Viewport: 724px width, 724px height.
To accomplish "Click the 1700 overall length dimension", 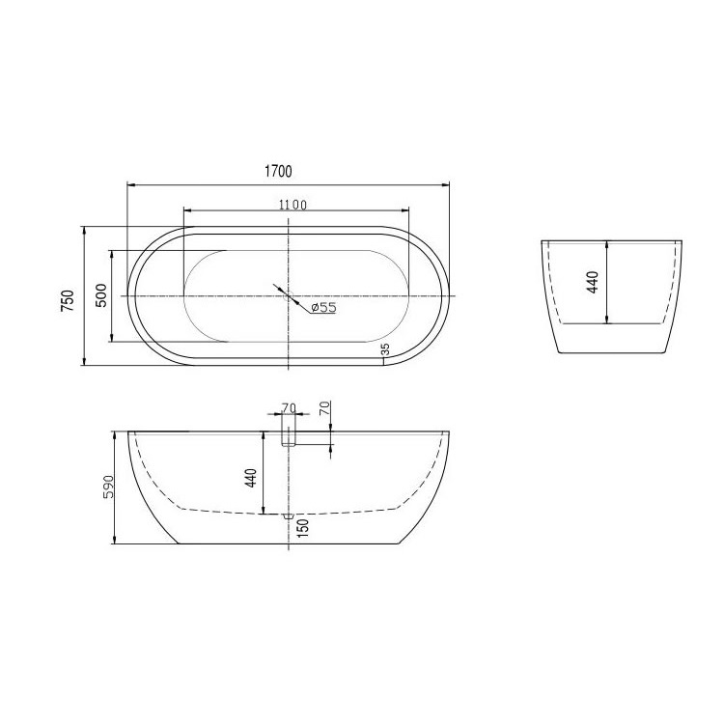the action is point(278,171).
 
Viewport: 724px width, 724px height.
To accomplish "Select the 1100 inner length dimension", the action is point(292,205).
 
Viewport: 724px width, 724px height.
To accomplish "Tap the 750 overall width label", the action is point(68,300).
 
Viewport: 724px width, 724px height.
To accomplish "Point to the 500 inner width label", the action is point(101,295).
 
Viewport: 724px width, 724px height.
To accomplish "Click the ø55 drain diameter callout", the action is point(323,307).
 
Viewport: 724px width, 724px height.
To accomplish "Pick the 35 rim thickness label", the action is point(386,349).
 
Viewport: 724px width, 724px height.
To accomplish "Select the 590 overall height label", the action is point(109,487).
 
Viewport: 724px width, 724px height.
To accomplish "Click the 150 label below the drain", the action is point(303,528).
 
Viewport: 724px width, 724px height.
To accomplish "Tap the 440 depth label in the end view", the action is point(593,282).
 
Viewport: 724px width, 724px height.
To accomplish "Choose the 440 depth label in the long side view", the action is point(251,479).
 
